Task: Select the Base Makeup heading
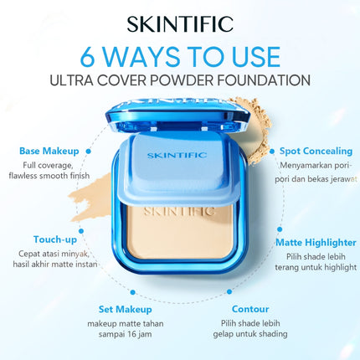click(x=49, y=152)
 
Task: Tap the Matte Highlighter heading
click(x=310, y=242)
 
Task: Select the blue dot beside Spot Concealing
click(x=269, y=151)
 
